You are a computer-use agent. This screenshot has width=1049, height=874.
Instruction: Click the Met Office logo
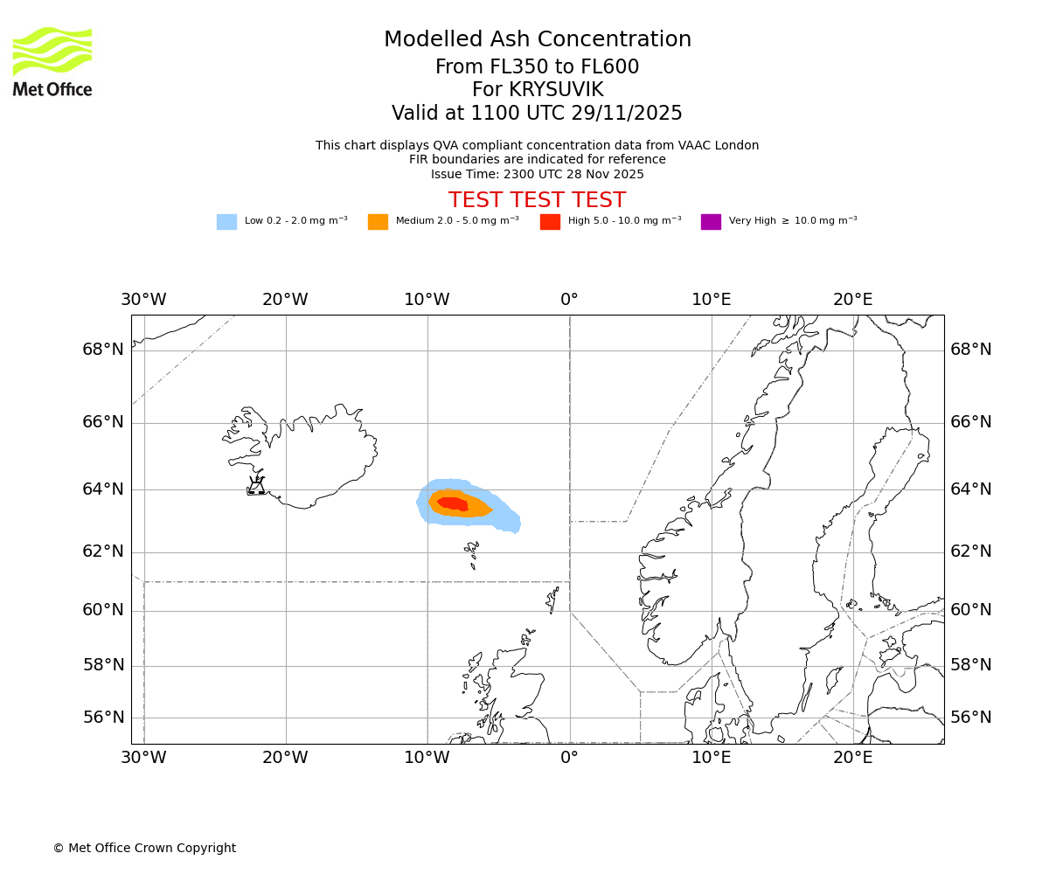coord(52,61)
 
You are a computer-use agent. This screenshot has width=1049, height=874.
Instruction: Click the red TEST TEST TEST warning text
coord(537,200)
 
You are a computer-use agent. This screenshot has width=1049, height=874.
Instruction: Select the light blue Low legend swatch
coord(226,222)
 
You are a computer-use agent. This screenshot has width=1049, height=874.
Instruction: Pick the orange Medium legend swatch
coord(378,222)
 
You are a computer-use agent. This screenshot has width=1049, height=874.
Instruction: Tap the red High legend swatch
coord(550,222)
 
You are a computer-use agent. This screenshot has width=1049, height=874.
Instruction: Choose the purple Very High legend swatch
coord(711,222)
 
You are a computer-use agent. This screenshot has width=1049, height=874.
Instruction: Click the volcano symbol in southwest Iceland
coord(256,487)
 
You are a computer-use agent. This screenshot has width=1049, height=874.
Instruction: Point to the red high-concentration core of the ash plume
coord(453,503)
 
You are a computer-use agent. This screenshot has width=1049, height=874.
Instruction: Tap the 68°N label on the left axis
coord(103,350)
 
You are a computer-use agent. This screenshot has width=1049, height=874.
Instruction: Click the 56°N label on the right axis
coord(970,718)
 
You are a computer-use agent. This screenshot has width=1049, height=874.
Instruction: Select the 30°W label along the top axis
coord(143,300)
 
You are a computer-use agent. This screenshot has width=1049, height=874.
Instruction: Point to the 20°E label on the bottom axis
coord(852,758)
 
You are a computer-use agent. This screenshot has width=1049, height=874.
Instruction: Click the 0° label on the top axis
coord(569,300)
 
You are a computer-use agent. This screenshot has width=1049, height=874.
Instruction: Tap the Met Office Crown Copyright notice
coord(144,848)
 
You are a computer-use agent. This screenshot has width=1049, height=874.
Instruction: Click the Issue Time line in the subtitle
coord(537,174)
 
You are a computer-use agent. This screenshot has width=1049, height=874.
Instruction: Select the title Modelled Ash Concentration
coord(537,39)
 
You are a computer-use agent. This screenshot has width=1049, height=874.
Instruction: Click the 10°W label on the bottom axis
coord(427,758)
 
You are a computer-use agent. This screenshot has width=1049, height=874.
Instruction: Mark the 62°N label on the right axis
coord(970,551)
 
